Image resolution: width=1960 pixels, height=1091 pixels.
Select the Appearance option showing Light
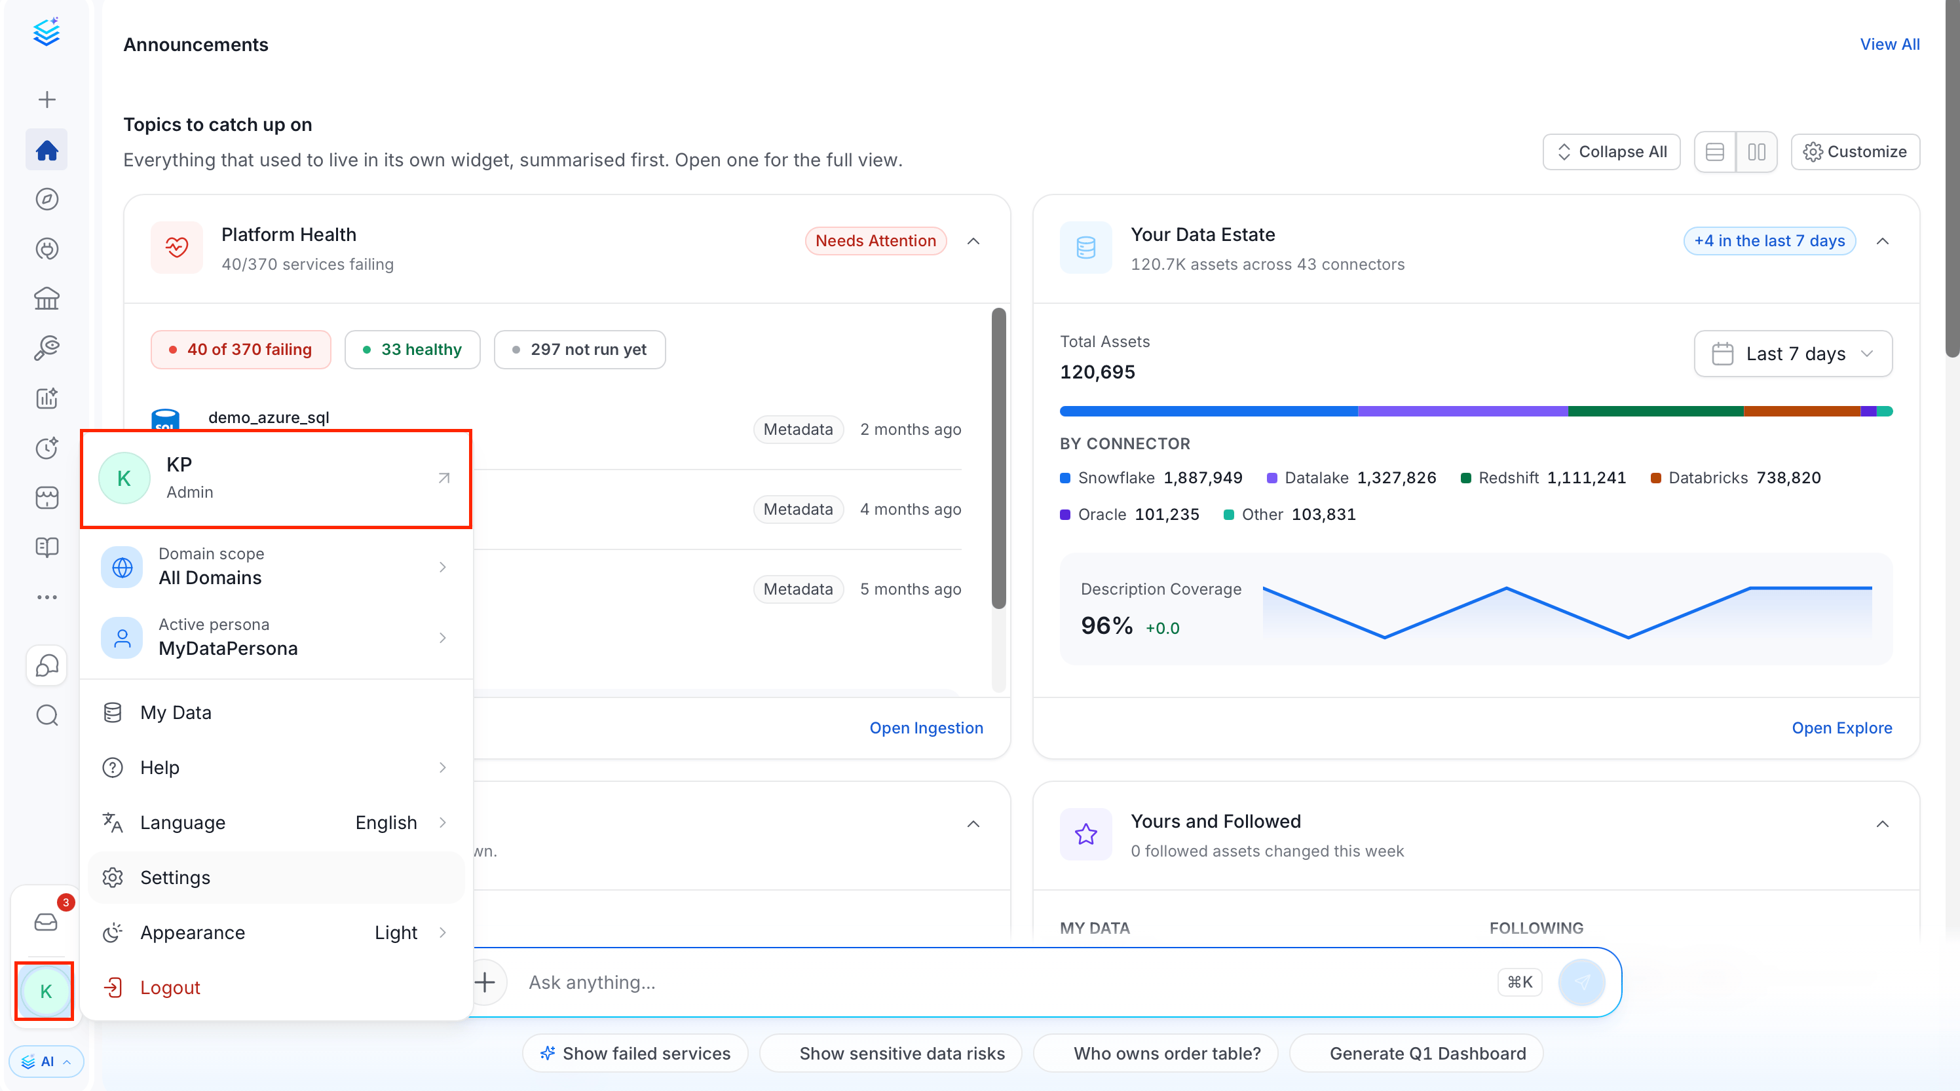click(275, 932)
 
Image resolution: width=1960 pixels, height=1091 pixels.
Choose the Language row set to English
click(275, 823)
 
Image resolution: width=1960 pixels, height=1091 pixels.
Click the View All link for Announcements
click(1889, 44)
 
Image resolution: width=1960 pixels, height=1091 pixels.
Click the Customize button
click(1855, 151)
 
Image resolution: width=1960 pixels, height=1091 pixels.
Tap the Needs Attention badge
click(875, 240)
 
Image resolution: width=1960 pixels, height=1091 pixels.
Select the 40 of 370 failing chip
click(240, 349)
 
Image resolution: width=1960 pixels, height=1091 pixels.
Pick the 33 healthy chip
click(413, 349)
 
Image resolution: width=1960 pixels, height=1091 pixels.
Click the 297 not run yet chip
click(580, 349)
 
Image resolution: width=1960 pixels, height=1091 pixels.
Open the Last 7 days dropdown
click(1792, 353)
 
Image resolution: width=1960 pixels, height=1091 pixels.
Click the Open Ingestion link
click(926, 728)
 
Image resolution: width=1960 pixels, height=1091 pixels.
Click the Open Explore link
click(1841, 728)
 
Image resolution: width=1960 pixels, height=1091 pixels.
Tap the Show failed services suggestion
click(635, 1053)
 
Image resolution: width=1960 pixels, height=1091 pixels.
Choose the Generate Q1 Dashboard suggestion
click(1416, 1053)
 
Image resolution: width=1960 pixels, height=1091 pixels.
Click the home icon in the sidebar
click(47, 150)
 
